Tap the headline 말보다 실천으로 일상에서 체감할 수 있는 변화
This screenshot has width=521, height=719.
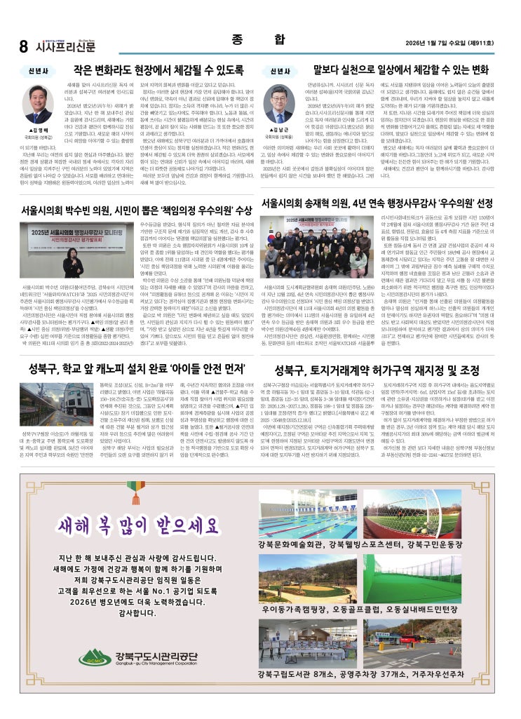pyautogui.click(x=400, y=70)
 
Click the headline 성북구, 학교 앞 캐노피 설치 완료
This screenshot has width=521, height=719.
pyautogui.click(x=133, y=369)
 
